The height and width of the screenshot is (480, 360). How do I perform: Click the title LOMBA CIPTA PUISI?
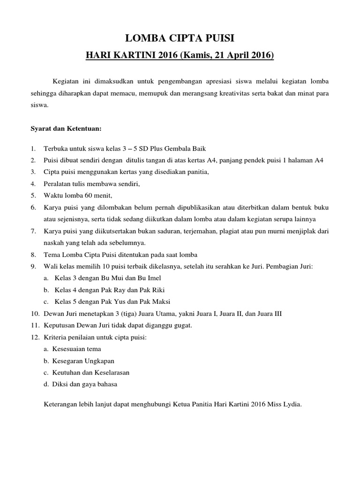180,38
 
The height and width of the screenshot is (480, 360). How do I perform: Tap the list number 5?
33,195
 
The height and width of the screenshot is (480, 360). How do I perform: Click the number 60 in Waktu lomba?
92,195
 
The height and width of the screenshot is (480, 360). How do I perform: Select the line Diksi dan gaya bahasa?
80,384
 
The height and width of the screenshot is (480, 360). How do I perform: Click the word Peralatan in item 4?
58,184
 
